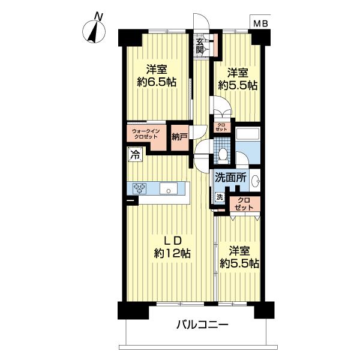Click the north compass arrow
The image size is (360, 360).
pos(94,30)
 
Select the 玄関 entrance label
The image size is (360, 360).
pos(200,46)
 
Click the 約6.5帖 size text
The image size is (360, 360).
pos(156,83)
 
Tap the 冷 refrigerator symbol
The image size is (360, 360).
pos(134,154)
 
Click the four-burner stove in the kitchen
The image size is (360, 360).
pos(140,188)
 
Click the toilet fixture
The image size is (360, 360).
pos(222,154)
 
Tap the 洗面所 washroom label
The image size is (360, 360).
pos(231,178)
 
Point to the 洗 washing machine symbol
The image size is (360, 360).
pos(219,197)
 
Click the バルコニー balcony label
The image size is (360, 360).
pos(202,326)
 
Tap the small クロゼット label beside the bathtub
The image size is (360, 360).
pos(221,127)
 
